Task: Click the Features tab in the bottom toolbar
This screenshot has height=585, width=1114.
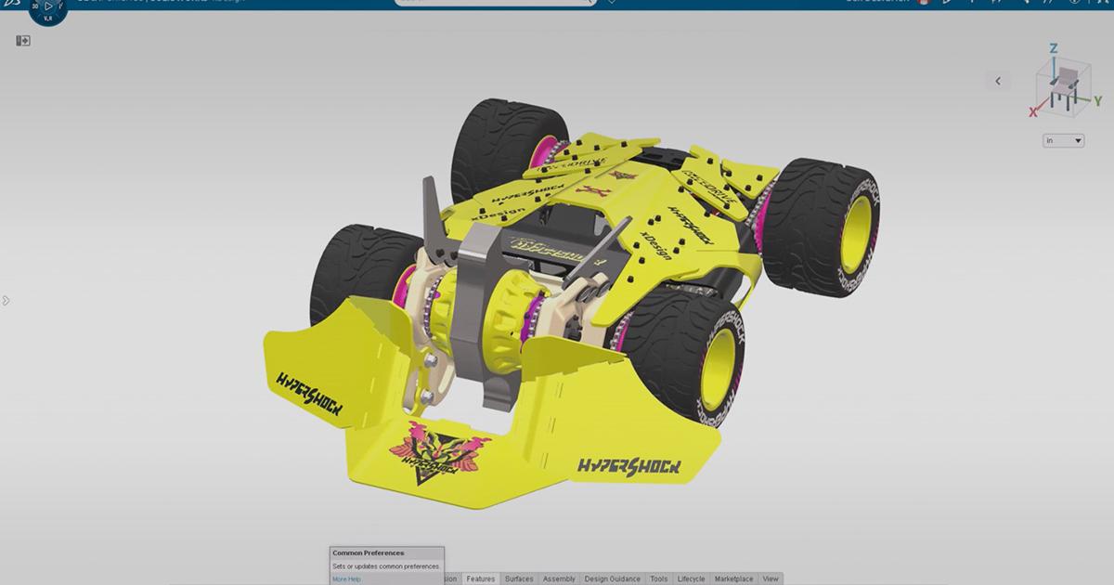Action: click(481, 578)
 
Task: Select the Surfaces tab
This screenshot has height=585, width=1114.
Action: click(519, 578)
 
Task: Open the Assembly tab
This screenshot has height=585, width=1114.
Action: click(559, 578)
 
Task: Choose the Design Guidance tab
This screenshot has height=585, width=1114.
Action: click(612, 578)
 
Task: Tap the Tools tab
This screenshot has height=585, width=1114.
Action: click(658, 578)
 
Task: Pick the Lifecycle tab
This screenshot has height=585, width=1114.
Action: click(691, 578)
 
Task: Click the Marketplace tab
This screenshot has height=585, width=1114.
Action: click(733, 578)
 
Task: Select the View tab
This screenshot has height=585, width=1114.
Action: click(771, 578)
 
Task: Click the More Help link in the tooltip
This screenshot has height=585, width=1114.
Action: click(346, 579)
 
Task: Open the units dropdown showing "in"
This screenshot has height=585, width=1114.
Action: click(1063, 141)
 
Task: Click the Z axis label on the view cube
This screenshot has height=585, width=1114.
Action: click(1054, 48)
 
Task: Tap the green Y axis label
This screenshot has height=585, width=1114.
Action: click(1097, 99)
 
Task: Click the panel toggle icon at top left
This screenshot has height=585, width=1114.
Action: click(23, 41)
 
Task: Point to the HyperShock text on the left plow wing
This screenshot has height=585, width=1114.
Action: click(309, 391)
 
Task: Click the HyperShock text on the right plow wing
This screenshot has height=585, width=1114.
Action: click(628, 465)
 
